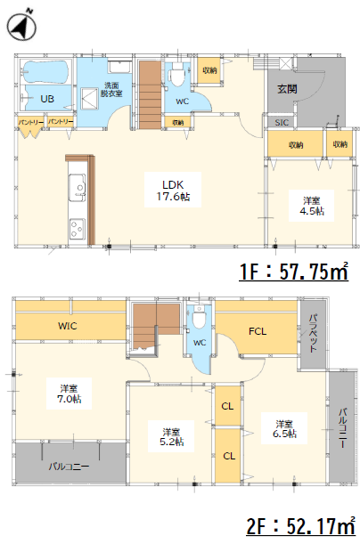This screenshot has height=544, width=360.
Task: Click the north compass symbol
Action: tap(21, 26)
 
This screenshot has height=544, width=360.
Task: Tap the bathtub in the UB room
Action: tap(46, 72)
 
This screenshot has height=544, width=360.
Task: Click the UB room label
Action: tap(47, 99)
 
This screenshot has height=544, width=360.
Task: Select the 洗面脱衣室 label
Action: tap(111, 90)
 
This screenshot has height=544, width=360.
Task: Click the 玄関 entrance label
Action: tap(287, 89)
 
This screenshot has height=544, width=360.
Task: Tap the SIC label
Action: tap(282, 123)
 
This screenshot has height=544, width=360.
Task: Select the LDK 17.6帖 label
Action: tap(173, 191)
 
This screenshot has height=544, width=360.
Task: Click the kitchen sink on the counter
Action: tap(77, 187)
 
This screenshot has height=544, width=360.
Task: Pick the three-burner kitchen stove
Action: tap(77, 229)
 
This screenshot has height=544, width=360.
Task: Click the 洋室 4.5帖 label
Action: tap(311, 206)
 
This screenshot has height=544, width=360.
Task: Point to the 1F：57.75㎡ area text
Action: tap(294, 272)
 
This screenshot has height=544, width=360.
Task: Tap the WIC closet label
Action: tap(68, 326)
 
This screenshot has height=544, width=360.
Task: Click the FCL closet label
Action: tap(258, 331)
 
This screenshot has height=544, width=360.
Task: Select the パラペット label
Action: tap(314, 333)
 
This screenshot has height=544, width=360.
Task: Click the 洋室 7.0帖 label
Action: tap(70, 394)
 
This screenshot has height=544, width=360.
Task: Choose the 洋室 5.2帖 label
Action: tap(171, 437)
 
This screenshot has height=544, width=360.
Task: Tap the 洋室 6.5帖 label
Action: tap(284, 428)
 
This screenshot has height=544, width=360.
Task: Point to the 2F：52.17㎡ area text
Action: tap(300, 526)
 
